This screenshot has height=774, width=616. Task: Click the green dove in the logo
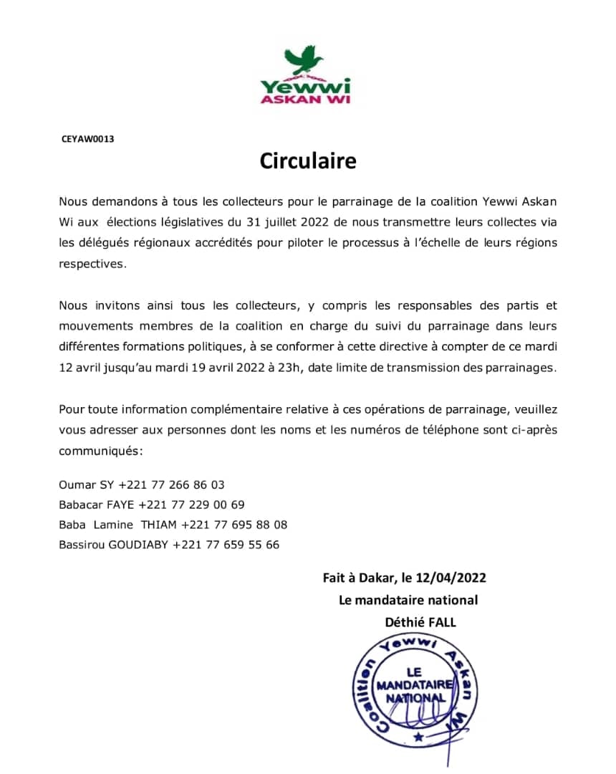304,58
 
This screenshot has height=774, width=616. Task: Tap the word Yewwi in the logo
305,85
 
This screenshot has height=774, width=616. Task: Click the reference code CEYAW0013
88,139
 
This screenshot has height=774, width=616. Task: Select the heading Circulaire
308,161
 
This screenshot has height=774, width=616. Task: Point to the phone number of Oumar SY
171,484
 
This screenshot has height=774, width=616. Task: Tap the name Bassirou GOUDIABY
114,545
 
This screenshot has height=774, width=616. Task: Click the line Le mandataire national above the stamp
408,600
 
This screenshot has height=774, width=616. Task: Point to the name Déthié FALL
420,622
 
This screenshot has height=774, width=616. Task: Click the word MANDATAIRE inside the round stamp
414,684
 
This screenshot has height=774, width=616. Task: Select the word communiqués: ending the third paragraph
101,451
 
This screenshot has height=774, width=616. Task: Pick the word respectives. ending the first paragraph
92,263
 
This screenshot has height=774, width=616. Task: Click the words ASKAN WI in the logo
305,99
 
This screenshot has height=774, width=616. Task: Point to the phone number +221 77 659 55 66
226,545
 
